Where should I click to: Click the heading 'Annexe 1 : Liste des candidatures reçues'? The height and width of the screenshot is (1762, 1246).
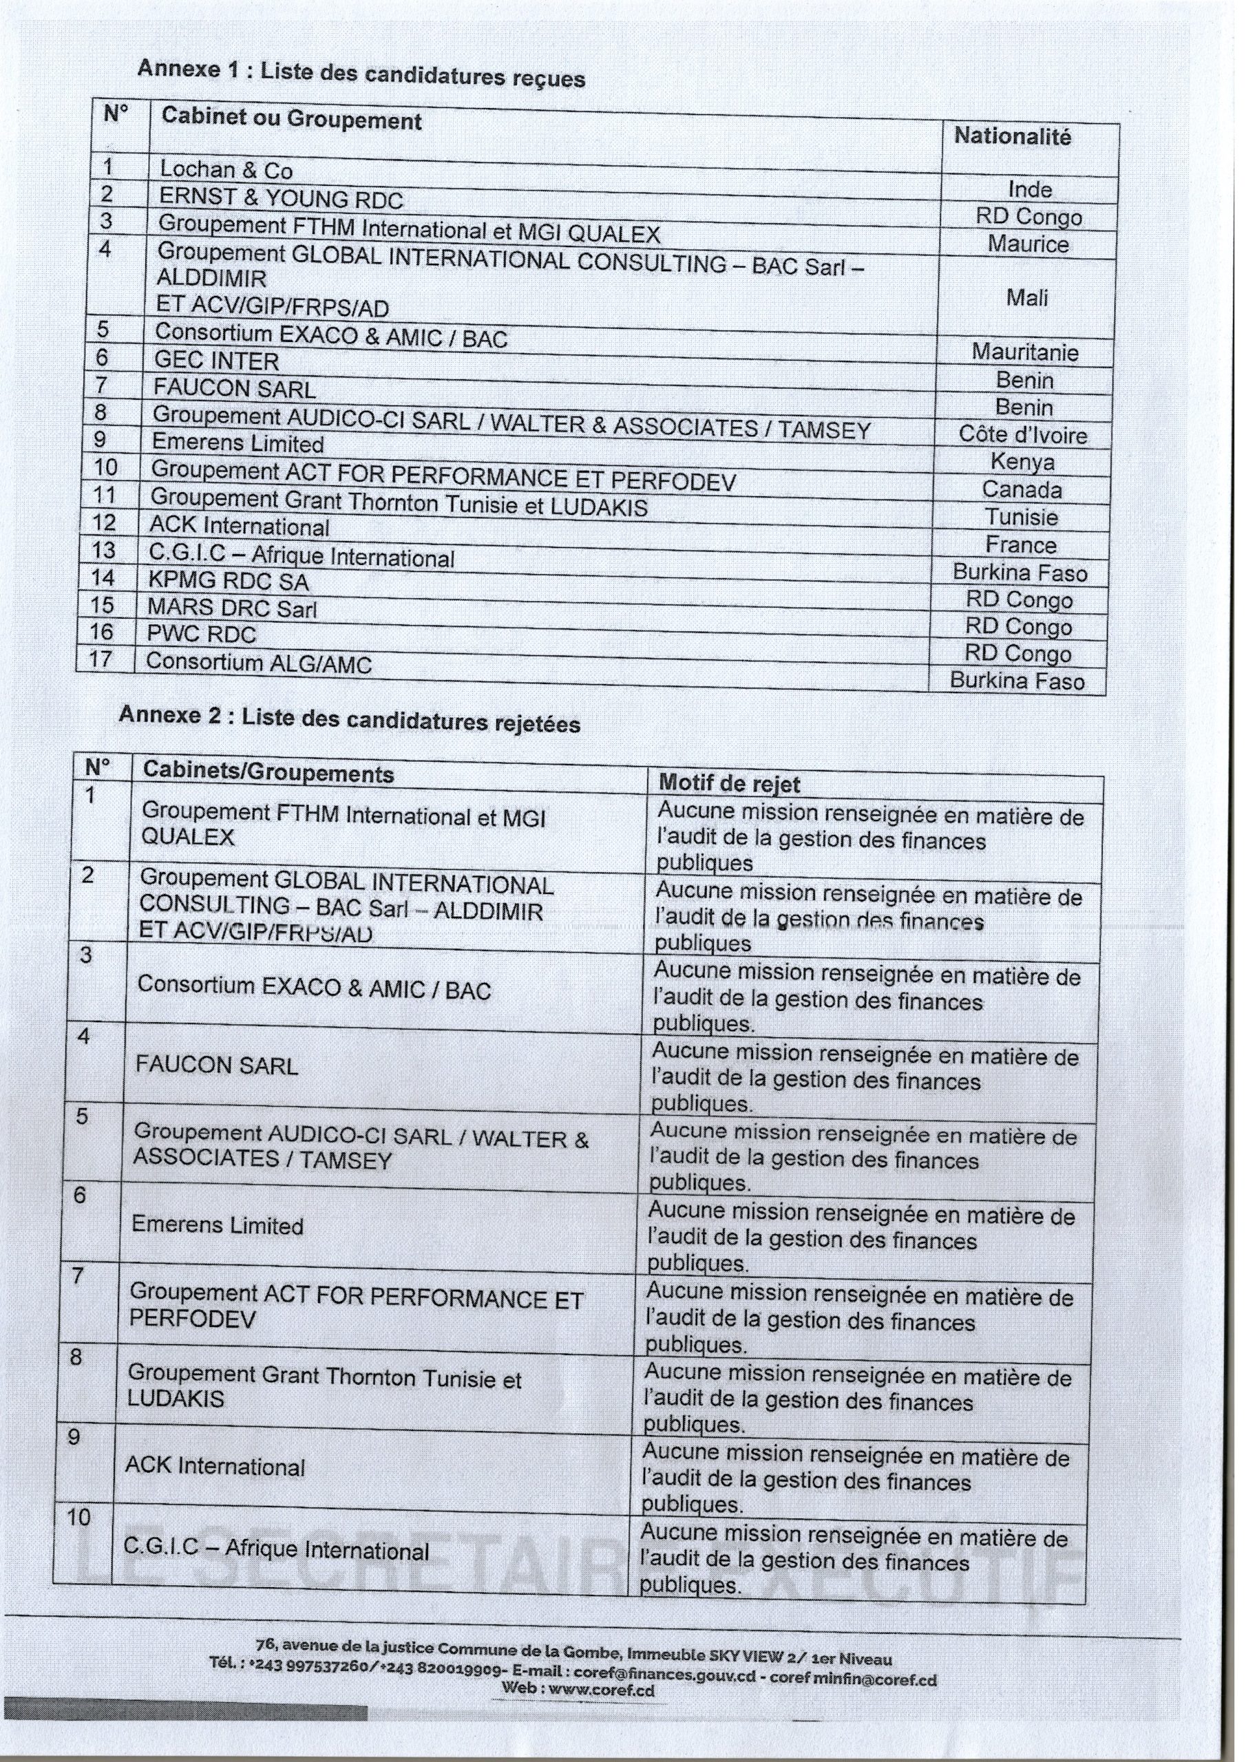pos(361,73)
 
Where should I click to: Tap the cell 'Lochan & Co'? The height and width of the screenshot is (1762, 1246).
pos(226,169)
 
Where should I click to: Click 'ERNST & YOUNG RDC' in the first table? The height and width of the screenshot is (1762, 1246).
pos(280,199)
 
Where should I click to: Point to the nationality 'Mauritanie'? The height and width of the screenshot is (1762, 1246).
pos(1024,352)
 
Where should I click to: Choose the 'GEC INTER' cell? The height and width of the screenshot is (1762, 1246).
pos(215,360)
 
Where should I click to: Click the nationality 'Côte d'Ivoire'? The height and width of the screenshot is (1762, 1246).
pos(1022,435)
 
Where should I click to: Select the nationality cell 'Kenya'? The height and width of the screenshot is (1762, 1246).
pos(1022,462)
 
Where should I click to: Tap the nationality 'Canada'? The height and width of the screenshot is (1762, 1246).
pos(1021,489)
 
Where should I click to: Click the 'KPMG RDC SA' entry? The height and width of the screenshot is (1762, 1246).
pos(228,580)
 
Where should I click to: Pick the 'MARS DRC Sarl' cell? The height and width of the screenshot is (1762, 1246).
pos(232,608)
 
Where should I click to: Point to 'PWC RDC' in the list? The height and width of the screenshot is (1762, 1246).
pos(201,634)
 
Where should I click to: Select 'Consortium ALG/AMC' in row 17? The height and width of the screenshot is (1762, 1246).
pos(258,662)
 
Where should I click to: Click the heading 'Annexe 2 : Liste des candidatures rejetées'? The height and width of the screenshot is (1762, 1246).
pos(349,719)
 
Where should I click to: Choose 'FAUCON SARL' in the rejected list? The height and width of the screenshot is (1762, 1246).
pos(216,1065)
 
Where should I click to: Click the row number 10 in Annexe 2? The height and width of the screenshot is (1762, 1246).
pos(78,1517)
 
